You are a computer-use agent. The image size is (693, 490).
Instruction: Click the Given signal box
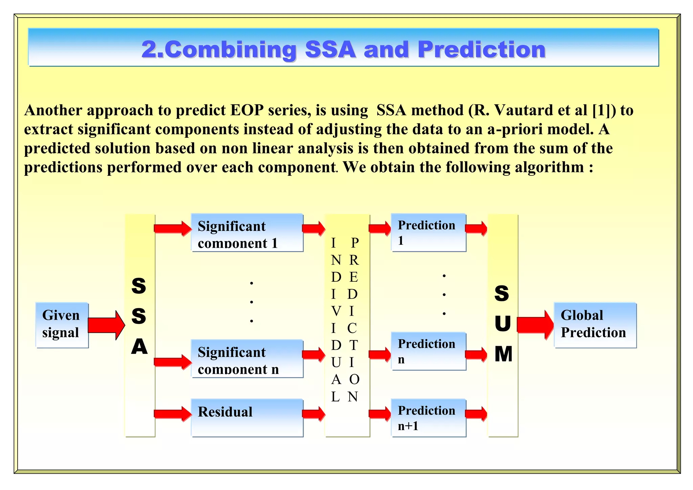pyautogui.click(x=62, y=325)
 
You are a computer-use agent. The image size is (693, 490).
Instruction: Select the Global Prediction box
pyautogui.click(x=595, y=325)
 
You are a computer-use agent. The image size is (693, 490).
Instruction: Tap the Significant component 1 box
pyautogui.click(x=247, y=233)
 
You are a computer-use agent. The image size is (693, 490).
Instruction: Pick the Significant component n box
pyautogui.click(x=247, y=359)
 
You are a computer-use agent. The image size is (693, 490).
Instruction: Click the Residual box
pyautogui.click(x=247, y=418)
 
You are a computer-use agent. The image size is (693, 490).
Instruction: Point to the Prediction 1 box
pyautogui.click(x=428, y=233)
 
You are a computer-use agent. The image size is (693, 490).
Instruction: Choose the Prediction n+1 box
pyautogui.click(x=428, y=418)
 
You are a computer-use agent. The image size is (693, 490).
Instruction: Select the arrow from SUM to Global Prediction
pyautogui.click(x=535, y=325)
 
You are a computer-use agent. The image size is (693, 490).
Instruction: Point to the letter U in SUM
pyautogui.click(x=502, y=324)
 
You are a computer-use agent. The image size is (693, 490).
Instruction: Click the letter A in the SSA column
pyautogui.click(x=139, y=347)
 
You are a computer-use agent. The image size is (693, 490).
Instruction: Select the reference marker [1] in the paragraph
pyautogui.click(x=604, y=110)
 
